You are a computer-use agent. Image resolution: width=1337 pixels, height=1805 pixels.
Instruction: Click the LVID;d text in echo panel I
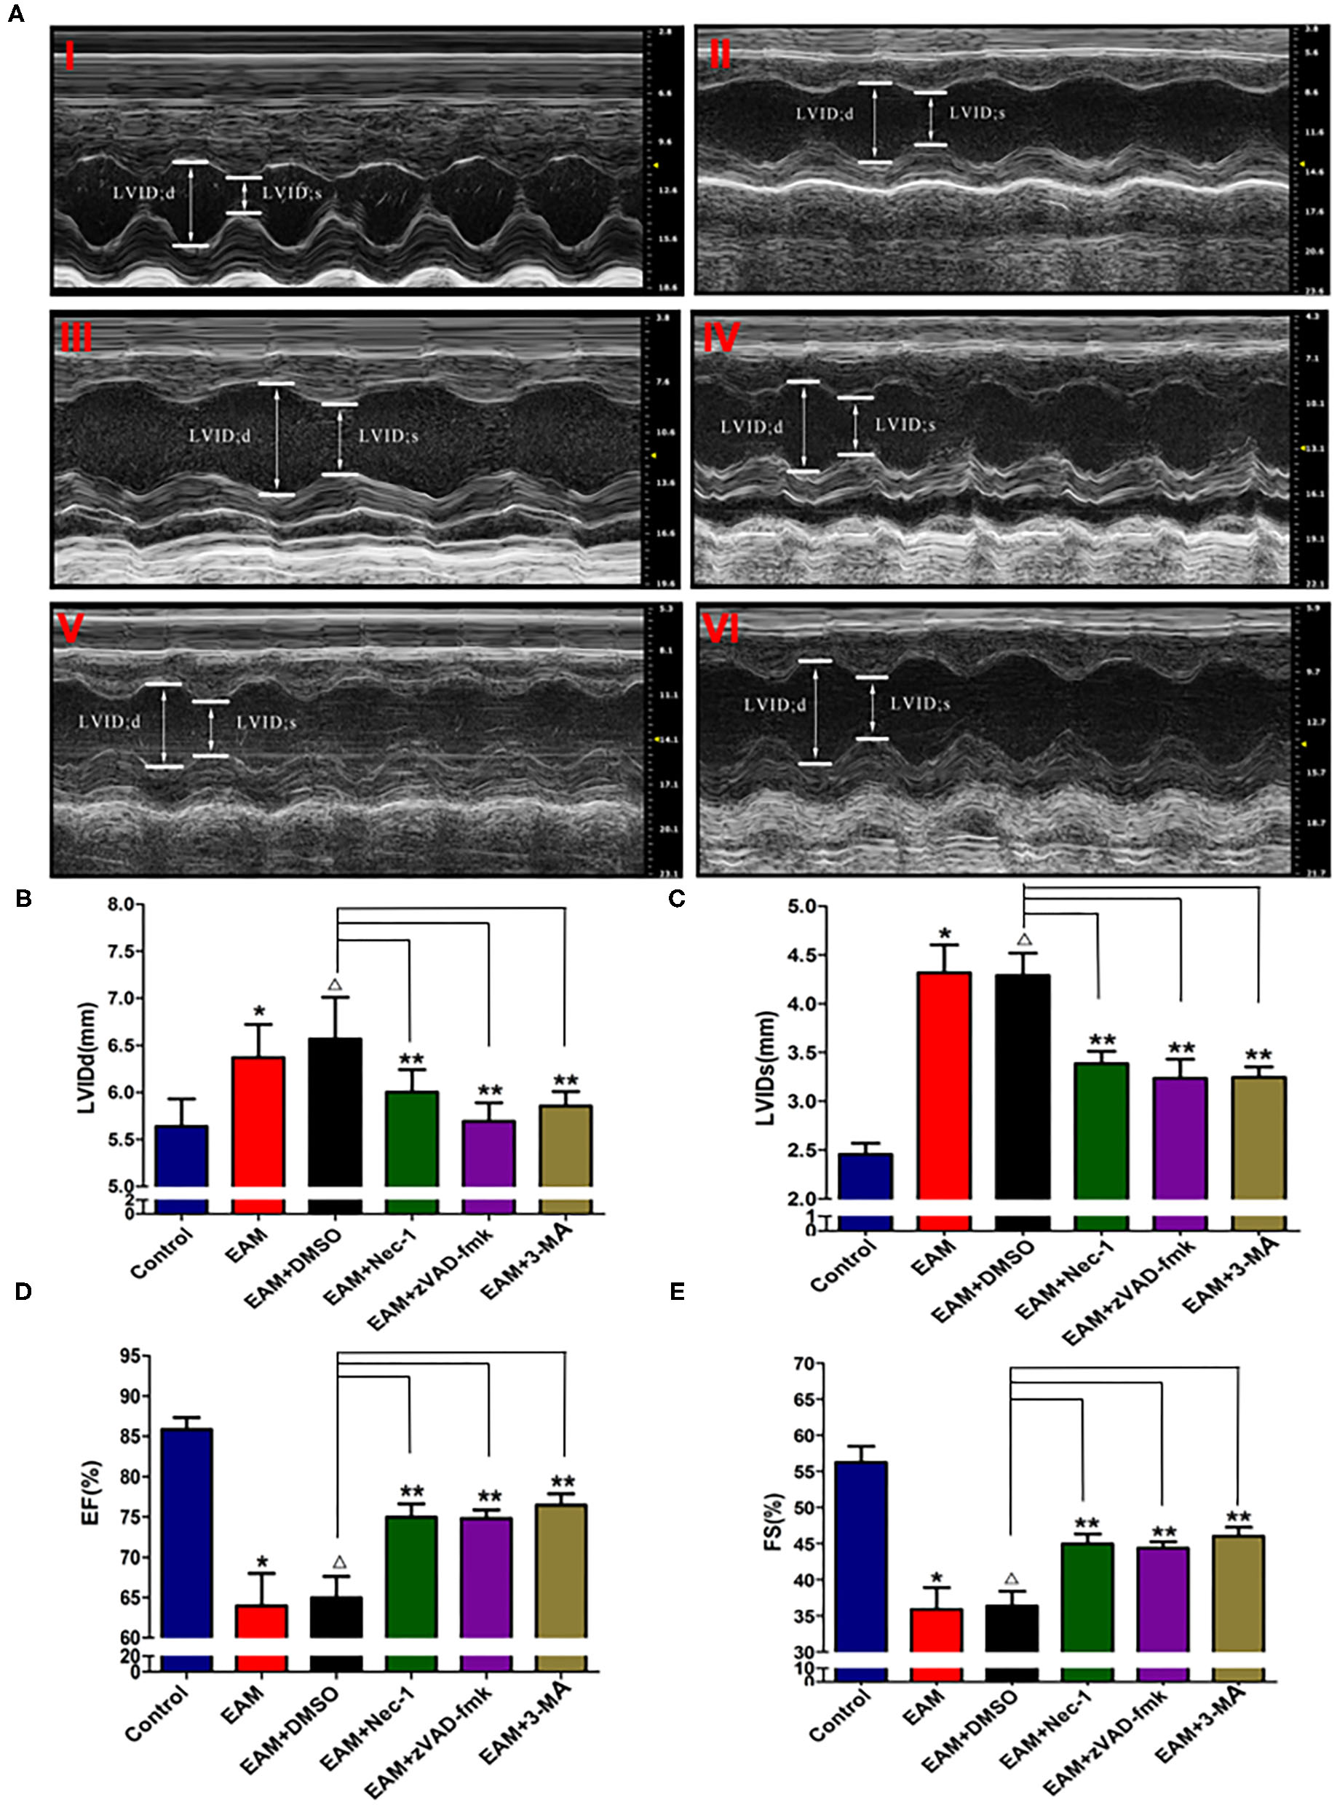tap(143, 193)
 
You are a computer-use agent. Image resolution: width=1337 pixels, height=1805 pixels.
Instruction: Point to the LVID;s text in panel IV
tap(905, 425)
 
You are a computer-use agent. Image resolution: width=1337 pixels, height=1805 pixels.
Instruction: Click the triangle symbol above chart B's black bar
tap(335, 985)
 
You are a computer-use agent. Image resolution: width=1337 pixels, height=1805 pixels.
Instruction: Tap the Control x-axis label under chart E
tap(838, 1715)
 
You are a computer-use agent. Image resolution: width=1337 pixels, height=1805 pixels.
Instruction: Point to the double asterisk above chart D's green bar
tap(411, 1491)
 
